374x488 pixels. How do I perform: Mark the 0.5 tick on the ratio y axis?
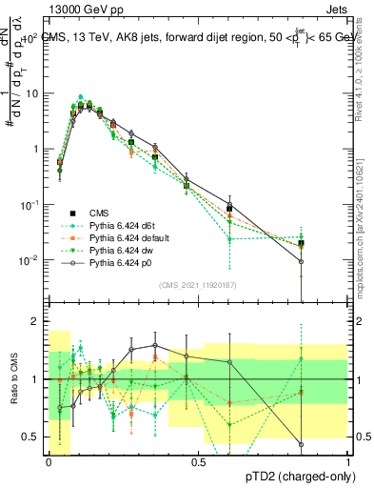pos(30,437)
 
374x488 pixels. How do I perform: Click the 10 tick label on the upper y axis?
pos(31,93)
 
